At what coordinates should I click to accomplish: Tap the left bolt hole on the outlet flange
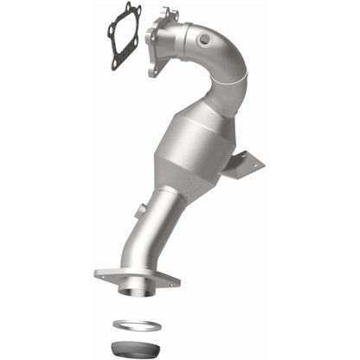tap(103, 276)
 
